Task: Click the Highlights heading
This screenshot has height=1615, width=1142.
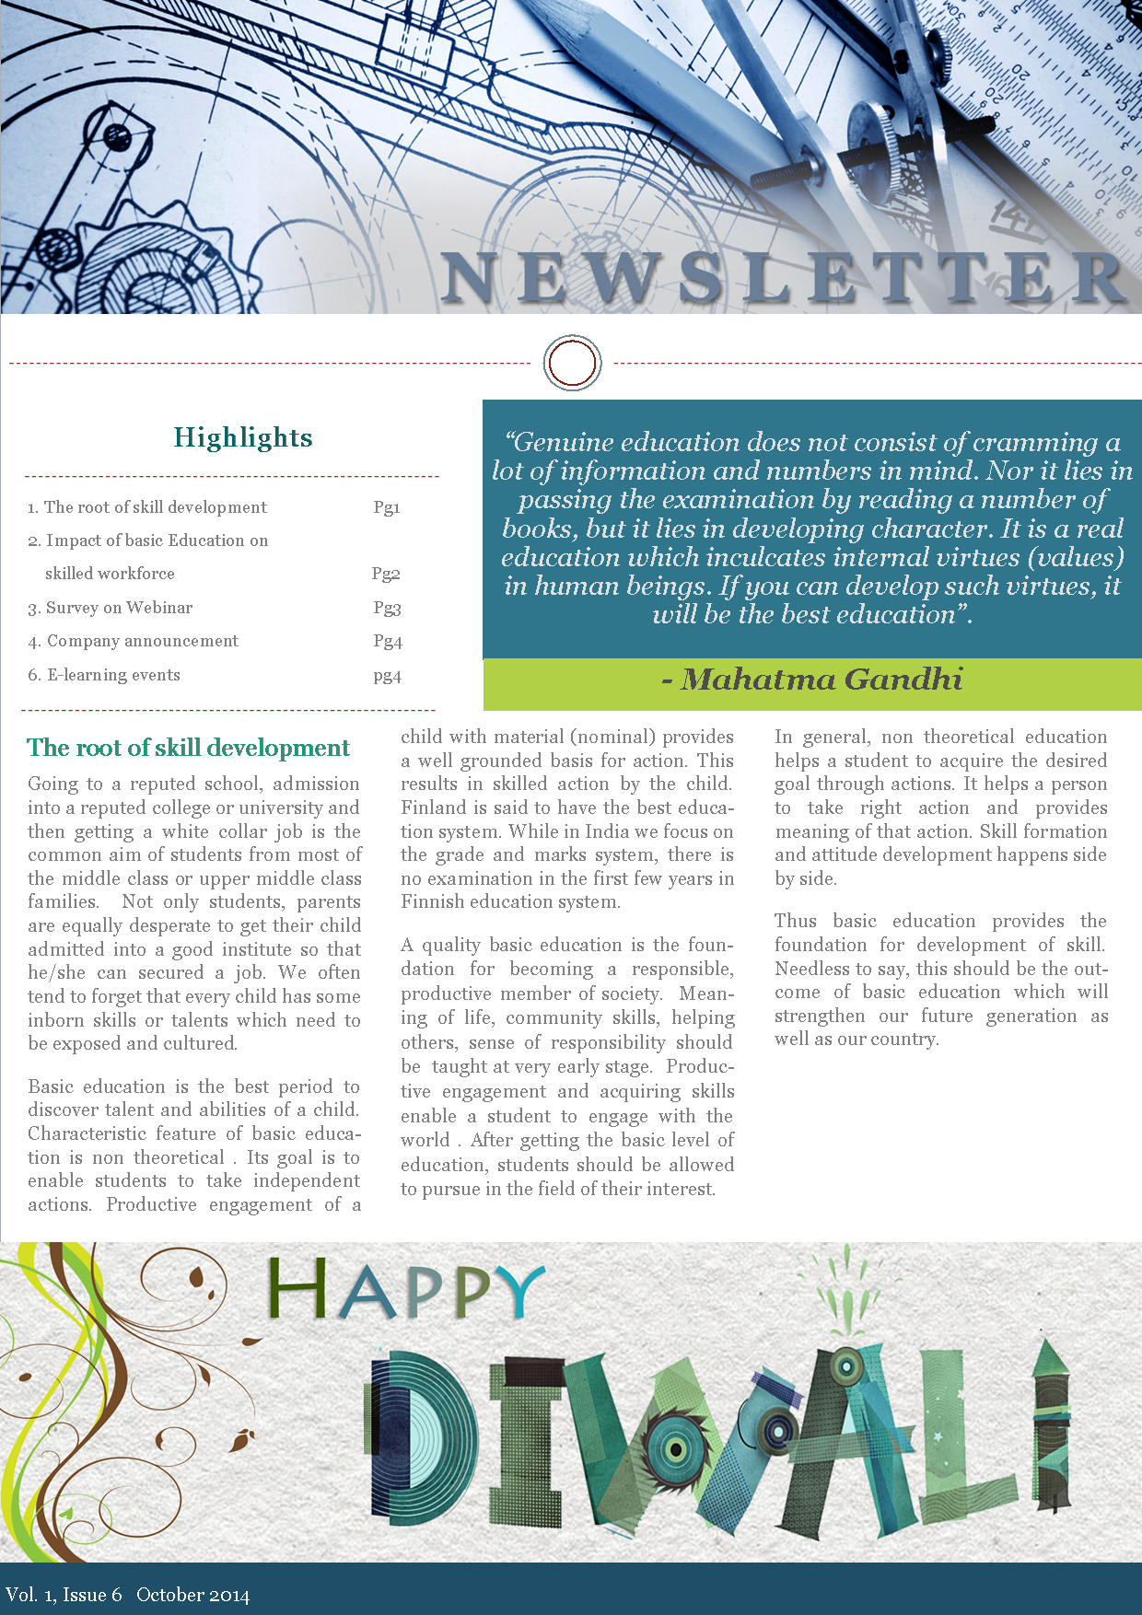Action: pyautogui.click(x=243, y=437)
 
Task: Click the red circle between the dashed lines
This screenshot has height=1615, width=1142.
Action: pyautogui.click(x=572, y=363)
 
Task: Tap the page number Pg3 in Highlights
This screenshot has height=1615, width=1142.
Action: pyautogui.click(x=387, y=608)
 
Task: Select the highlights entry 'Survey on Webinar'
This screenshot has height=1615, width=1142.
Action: pyautogui.click(x=119, y=608)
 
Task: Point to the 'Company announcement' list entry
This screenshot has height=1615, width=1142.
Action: pyautogui.click(x=142, y=641)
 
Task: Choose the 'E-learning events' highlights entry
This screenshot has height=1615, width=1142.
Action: pyautogui.click(x=113, y=675)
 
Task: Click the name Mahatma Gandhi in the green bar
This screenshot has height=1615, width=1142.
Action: pyautogui.click(x=822, y=680)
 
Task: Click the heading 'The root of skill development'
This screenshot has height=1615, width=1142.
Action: pyautogui.click(x=188, y=748)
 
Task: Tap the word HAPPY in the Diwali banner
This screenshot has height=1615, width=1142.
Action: pyautogui.click(x=405, y=1290)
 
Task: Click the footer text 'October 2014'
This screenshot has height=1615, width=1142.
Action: pyautogui.click(x=192, y=1595)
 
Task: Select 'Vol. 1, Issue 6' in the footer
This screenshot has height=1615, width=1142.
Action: pyautogui.click(x=64, y=1595)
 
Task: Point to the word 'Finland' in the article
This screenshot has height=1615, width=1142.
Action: pyautogui.click(x=434, y=807)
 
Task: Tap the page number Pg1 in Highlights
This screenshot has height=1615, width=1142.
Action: pyautogui.click(x=387, y=507)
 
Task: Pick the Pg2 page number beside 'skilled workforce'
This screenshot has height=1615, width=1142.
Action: pyautogui.click(x=386, y=574)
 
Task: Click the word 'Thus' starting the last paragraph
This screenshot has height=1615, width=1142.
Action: pyautogui.click(x=795, y=921)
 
